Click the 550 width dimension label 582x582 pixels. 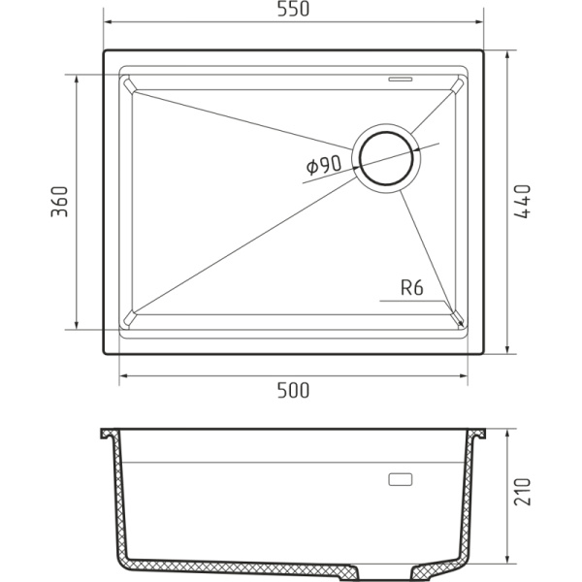(293, 10)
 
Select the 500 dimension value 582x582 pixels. (293, 391)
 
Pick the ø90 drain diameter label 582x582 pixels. (323, 166)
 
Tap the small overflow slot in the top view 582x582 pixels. (401, 75)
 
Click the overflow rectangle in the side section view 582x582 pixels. (400, 479)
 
